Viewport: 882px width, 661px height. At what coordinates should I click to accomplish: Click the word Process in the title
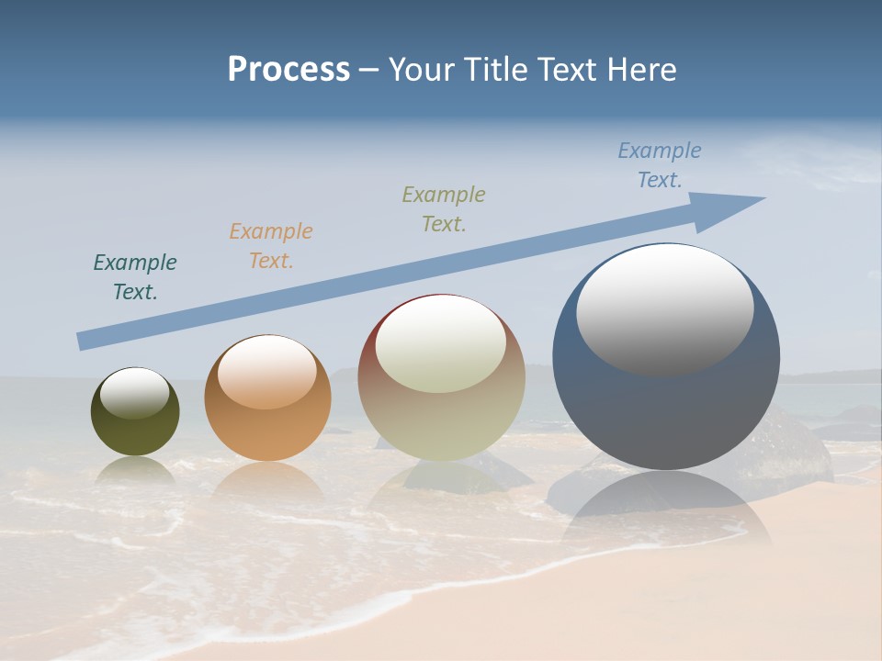click(x=288, y=70)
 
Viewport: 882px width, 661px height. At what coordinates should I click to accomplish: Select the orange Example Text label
click(x=271, y=245)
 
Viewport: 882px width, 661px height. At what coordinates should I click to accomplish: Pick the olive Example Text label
click(x=444, y=208)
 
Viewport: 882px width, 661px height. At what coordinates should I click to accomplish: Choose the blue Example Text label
click(x=660, y=165)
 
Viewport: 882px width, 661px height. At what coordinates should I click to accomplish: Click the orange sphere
click(x=267, y=431)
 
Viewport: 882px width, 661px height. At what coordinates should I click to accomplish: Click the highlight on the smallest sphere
click(x=135, y=392)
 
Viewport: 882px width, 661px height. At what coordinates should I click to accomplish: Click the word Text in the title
click(x=570, y=70)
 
